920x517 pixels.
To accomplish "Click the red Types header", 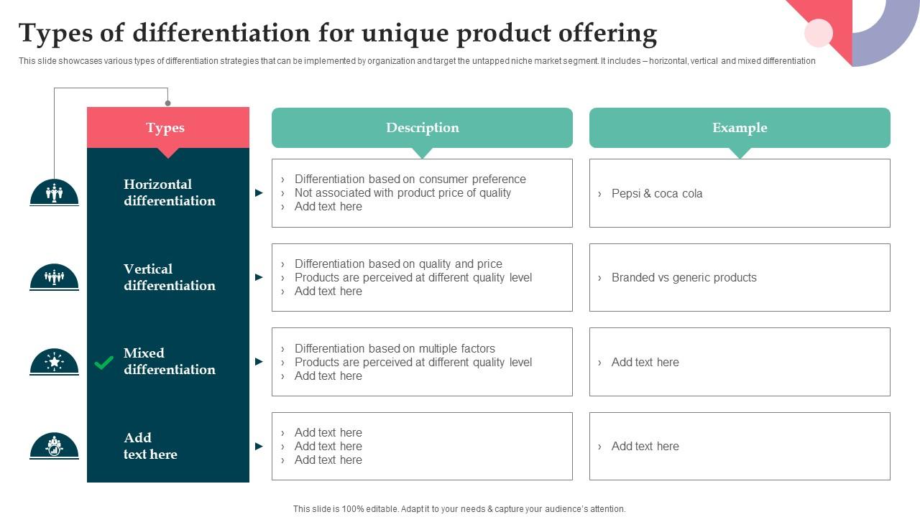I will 167,128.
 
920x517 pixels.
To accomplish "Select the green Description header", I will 422,128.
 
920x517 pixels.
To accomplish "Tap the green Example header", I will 740,128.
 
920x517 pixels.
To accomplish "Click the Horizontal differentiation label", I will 169,192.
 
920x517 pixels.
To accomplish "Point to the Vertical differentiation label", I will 169,277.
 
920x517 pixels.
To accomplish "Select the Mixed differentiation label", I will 169,361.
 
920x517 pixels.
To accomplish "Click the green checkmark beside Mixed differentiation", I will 104,363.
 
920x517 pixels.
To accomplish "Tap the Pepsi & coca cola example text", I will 657,193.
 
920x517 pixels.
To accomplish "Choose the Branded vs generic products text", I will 684,278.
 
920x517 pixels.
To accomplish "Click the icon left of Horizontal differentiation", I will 54,192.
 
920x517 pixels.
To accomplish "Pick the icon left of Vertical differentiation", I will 54,277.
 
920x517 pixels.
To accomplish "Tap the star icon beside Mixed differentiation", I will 54,361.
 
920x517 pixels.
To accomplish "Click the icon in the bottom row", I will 54,446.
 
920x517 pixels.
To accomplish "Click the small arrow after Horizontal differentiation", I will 259,193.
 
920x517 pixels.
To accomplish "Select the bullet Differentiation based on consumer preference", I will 410,179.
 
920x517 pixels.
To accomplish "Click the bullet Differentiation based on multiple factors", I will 395,348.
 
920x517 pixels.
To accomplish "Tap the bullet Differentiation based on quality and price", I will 398,264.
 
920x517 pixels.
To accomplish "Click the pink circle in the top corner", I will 819,33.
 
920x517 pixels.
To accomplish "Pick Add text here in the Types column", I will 149,446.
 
